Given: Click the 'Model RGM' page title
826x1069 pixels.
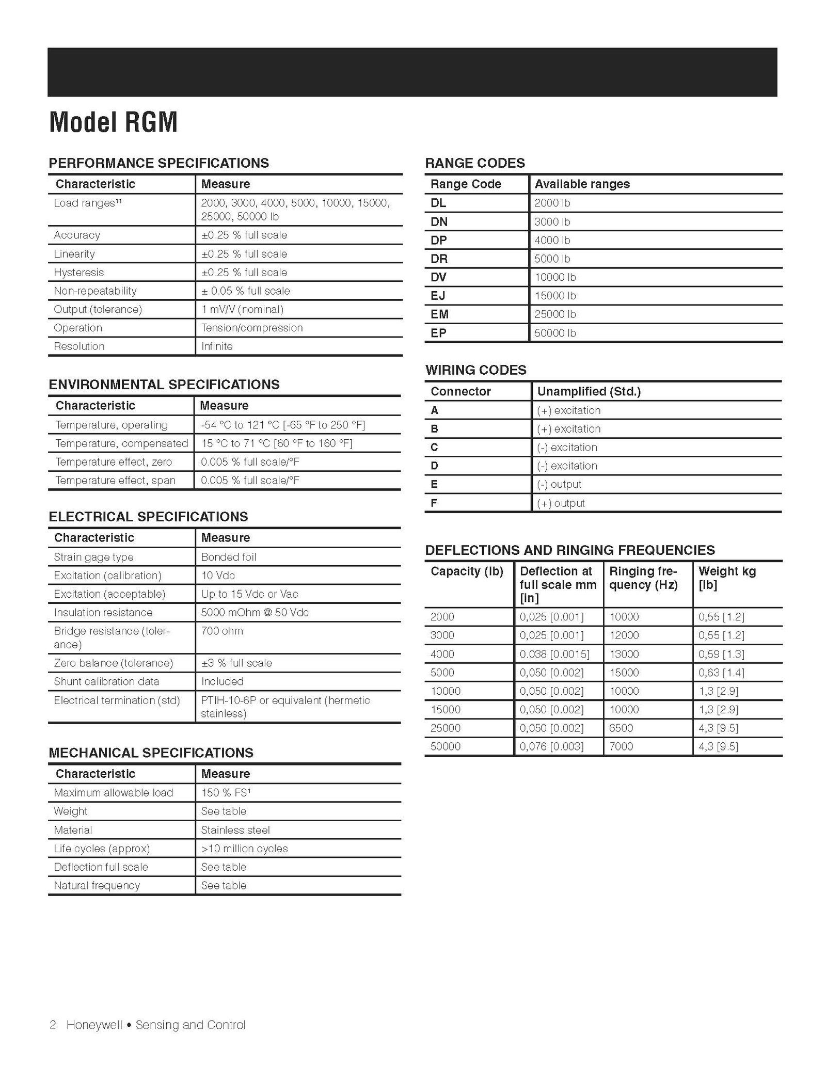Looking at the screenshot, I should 113,123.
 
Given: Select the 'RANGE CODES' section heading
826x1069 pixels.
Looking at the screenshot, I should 475,163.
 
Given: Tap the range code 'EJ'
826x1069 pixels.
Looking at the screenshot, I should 438,296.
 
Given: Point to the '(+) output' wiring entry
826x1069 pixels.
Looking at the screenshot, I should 561,503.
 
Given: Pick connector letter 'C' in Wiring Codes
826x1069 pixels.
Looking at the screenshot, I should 434,448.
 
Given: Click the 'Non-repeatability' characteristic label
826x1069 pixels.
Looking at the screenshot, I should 95,291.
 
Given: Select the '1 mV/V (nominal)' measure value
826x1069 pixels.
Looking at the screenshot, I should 242,310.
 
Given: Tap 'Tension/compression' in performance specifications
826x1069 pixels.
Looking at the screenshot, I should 252,328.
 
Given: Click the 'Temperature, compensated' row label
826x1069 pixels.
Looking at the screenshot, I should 122,443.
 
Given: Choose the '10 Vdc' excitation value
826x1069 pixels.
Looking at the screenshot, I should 218,576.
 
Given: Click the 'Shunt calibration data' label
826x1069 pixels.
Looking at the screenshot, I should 106,681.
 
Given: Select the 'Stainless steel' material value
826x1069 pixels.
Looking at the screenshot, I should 235,830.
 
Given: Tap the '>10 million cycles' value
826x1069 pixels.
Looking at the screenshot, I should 244,849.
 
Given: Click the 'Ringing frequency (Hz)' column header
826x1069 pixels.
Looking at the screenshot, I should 643,578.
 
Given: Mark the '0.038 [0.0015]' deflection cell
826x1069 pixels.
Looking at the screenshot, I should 554,654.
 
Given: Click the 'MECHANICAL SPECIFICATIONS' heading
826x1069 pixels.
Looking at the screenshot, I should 151,753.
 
